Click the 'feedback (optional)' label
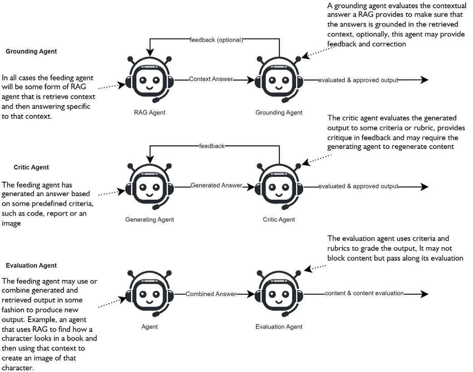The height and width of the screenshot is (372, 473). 216,40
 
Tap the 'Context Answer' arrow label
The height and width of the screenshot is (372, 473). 211,79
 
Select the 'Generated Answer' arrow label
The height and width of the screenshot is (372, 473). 216,186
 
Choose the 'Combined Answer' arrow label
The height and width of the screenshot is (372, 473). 211,294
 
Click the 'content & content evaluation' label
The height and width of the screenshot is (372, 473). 364,293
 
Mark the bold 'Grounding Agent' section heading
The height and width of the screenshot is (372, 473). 31,51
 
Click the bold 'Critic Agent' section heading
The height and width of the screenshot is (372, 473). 31,167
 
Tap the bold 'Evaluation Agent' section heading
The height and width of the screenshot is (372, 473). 31,265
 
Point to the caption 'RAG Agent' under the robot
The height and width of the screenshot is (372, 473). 149,113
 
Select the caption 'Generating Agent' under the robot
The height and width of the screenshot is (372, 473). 149,220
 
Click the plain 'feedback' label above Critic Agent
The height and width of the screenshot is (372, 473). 212,146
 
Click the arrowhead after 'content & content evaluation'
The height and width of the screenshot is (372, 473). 424,294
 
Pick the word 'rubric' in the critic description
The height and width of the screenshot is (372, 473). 413,128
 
